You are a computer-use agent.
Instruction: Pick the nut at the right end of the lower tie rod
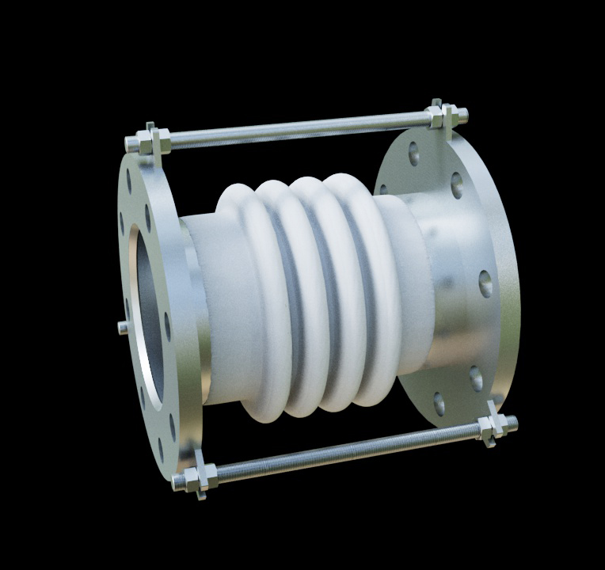tap(493, 427)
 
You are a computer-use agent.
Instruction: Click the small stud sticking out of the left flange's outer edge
tap(122, 326)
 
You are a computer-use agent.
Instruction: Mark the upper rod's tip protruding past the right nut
tap(462, 114)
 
